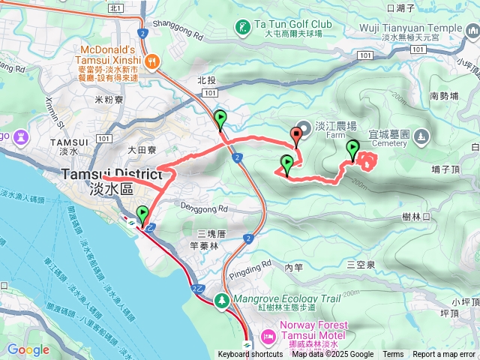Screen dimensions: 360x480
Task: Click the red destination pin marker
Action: (x=296, y=136)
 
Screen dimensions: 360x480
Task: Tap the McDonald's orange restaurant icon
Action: (x=151, y=61)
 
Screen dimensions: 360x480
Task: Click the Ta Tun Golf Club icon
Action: (x=242, y=28)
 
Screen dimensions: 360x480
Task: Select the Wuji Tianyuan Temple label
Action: (x=421, y=28)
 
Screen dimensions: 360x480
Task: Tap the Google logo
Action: (x=28, y=349)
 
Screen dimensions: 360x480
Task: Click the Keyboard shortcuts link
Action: (x=250, y=355)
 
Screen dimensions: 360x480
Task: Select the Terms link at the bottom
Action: (x=393, y=355)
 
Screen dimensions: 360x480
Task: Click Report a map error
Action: (x=444, y=355)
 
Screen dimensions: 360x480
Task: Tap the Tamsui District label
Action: (x=111, y=174)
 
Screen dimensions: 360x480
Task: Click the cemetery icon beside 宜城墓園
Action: (x=421, y=136)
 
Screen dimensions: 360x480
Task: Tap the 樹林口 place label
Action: (x=415, y=216)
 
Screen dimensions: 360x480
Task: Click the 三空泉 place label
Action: (x=361, y=265)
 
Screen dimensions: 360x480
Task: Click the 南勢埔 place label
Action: (x=444, y=96)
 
